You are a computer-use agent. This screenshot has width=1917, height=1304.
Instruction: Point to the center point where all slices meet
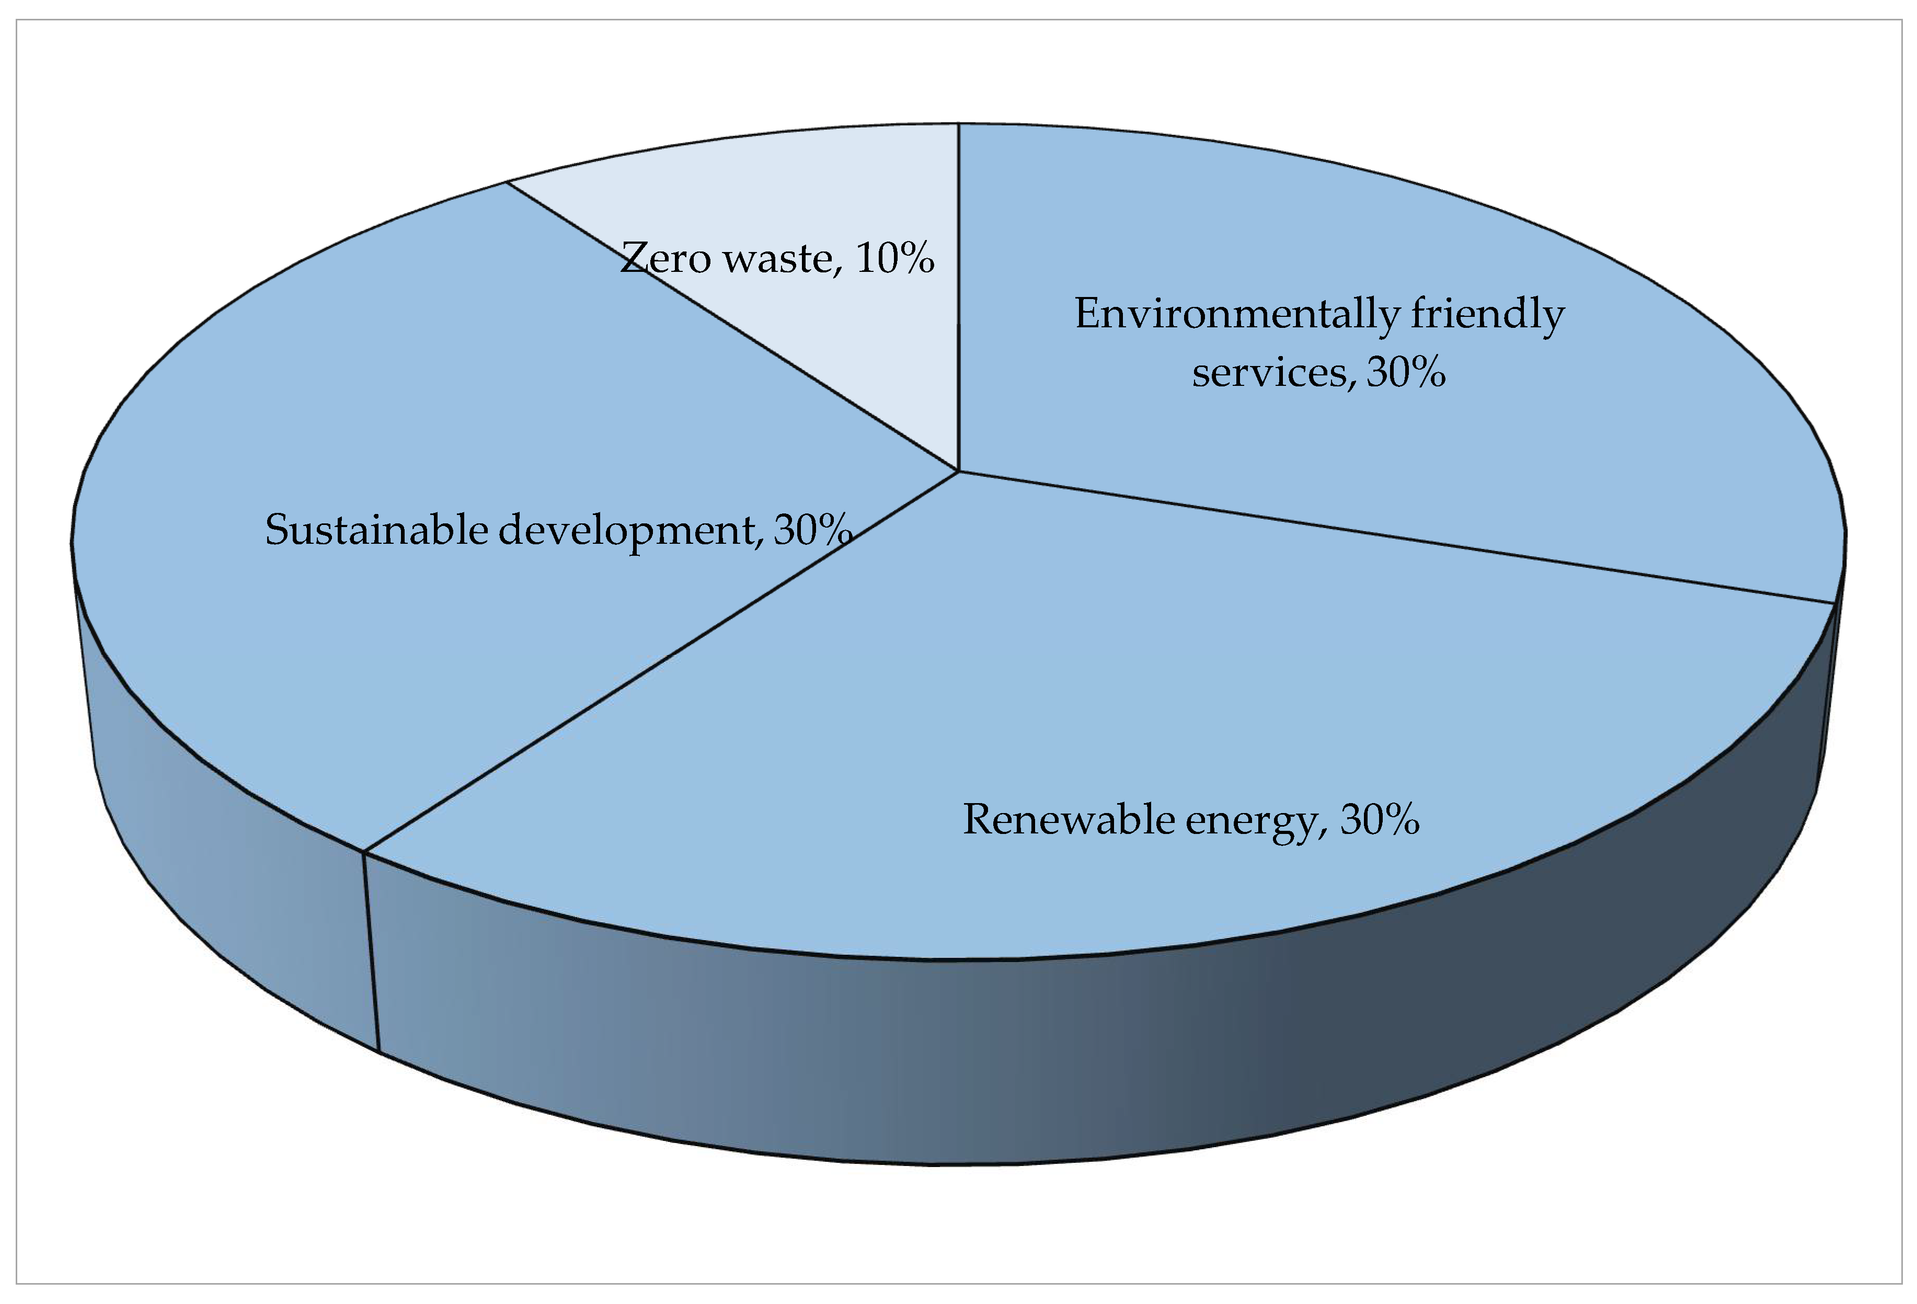pos(959,472)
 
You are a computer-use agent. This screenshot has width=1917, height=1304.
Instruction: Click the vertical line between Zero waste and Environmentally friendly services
pos(959,297)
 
